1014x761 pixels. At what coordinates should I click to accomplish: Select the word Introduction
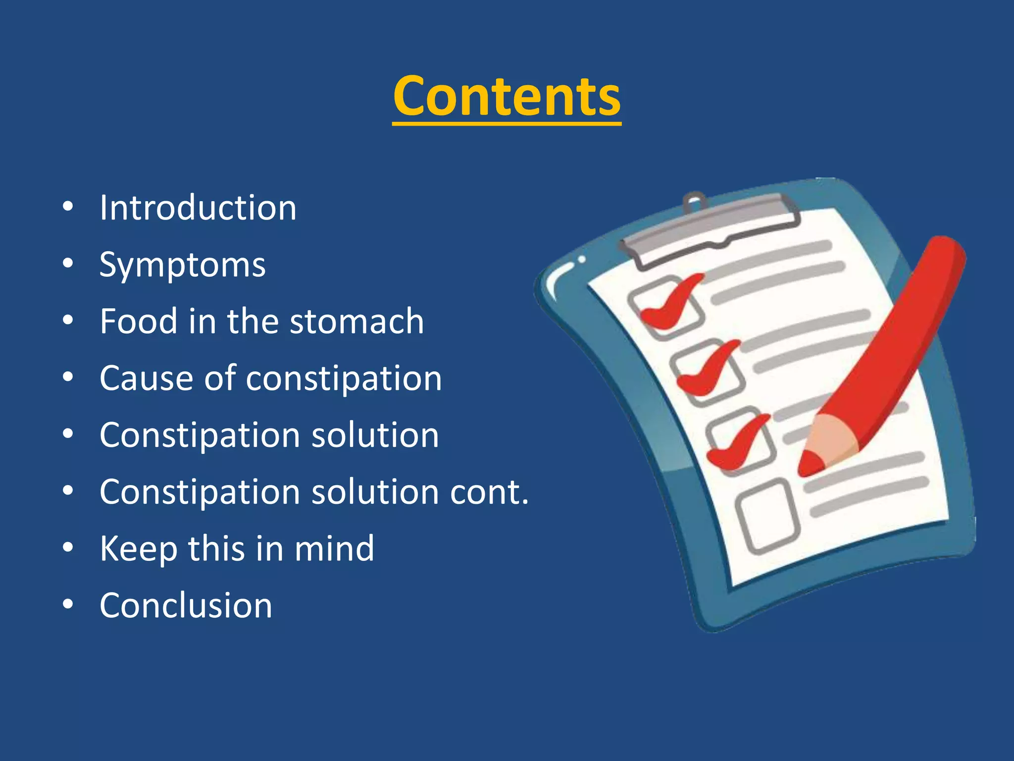(x=198, y=208)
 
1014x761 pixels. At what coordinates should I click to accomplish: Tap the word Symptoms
(x=182, y=265)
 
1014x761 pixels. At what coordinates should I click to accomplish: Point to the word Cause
(x=146, y=379)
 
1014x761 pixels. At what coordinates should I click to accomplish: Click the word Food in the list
(x=138, y=322)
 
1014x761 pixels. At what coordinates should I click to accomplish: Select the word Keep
(x=138, y=549)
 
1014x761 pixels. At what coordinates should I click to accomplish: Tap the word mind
(x=334, y=549)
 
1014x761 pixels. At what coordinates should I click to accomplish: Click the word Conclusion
(x=186, y=605)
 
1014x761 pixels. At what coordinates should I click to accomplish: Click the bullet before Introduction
(x=68, y=207)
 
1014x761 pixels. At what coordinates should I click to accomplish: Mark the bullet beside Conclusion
(x=68, y=604)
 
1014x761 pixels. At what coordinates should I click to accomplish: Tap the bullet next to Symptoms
(x=68, y=264)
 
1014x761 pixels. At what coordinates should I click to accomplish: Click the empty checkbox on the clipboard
(x=767, y=516)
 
